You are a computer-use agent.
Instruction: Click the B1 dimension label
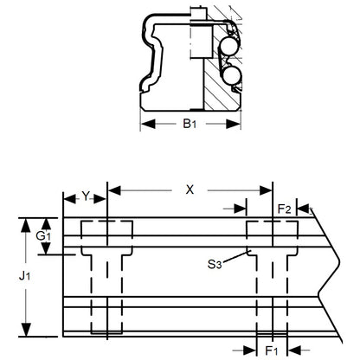190,125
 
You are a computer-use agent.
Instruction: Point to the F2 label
283,209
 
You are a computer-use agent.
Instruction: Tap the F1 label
272,352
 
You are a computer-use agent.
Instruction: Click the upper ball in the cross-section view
230,45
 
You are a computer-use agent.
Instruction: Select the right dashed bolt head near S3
271,234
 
